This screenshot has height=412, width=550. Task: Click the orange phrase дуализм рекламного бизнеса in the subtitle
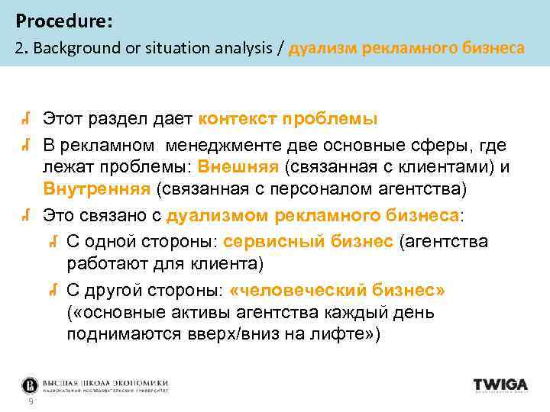pyautogui.click(x=406, y=48)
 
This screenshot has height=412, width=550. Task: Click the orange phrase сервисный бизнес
pyautogui.click(x=309, y=241)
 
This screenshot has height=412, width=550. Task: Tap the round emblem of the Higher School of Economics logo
pyautogui.click(x=30, y=385)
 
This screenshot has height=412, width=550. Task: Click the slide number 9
pyautogui.click(x=30, y=402)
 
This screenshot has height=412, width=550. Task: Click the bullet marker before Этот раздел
pyautogui.click(x=26, y=119)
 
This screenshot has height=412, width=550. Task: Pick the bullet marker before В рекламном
pyautogui.click(x=26, y=144)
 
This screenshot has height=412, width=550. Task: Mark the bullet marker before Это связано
pyautogui.click(x=26, y=216)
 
